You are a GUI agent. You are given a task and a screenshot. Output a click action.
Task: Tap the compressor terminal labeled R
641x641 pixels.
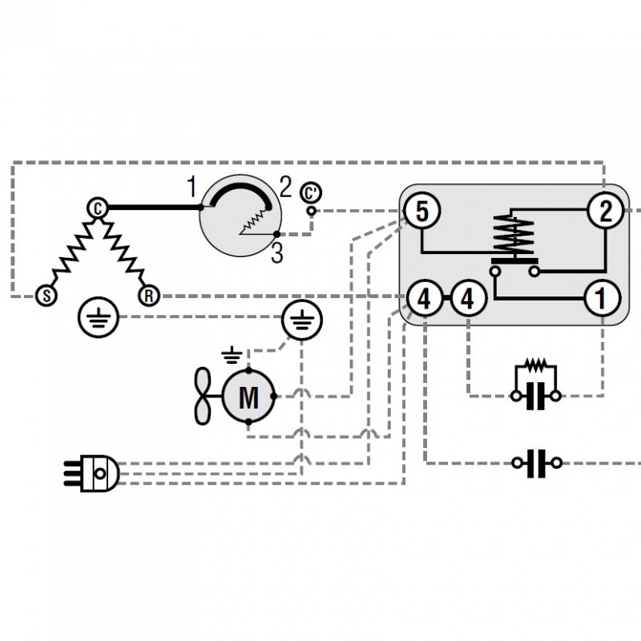[x=148, y=296]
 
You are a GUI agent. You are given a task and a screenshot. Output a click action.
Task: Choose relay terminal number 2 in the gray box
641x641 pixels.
[x=604, y=212]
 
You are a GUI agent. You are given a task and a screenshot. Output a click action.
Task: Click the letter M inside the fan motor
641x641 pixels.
[x=249, y=396]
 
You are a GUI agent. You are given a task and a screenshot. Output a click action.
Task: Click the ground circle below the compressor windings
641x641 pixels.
[x=99, y=320]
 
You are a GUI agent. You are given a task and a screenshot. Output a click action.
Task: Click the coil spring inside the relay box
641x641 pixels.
[x=511, y=236]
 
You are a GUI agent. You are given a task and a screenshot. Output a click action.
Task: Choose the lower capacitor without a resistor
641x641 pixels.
[x=536, y=463]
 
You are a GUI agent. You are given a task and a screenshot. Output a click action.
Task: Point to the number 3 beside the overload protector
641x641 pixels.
[x=276, y=256]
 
